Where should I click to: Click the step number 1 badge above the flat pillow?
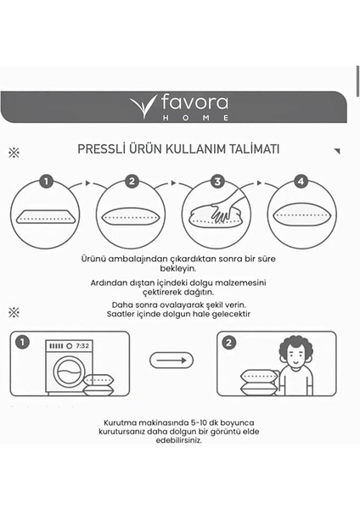click(46, 182)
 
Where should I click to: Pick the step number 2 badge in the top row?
click(132, 182)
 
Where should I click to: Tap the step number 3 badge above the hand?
click(217, 182)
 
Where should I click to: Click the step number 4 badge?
click(301, 182)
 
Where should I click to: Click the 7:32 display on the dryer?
click(82, 347)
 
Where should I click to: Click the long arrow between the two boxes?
click(172, 361)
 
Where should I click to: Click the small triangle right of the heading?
click(336, 151)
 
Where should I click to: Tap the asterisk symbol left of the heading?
click(13, 153)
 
